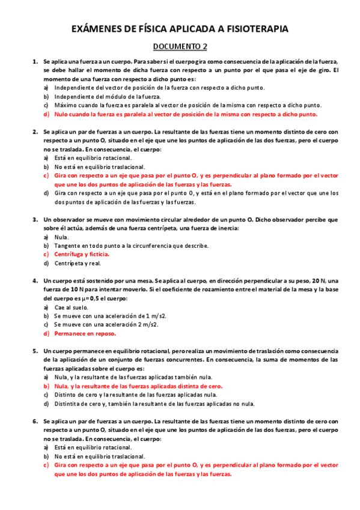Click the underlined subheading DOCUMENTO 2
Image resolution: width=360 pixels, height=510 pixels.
click(x=180, y=46)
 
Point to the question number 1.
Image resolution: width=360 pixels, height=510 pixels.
click(x=35, y=62)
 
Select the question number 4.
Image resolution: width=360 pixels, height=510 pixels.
click(x=35, y=281)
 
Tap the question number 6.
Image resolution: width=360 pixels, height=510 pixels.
click(x=35, y=423)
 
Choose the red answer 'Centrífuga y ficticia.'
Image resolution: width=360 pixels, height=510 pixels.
click(x=82, y=254)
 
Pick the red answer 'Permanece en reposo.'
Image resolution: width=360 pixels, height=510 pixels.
click(x=85, y=333)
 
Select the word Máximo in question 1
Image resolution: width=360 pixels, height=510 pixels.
click(x=66, y=105)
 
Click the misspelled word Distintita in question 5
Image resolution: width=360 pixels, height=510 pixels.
click(x=68, y=404)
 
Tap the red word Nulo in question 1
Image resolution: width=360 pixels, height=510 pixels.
click(x=62, y=114)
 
